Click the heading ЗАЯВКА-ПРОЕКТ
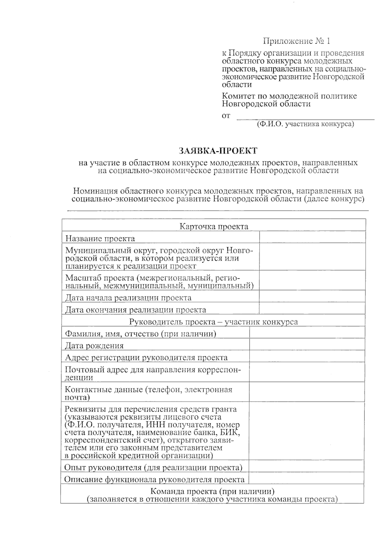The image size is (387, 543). tap(218, 151)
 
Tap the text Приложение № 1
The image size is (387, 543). tap(296, 41)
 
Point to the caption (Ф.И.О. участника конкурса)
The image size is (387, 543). tap(305, 124)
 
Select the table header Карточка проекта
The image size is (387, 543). tap(213, 226)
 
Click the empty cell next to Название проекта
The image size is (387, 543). tap(312, 237)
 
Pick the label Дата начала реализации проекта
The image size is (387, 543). tap(128, 297)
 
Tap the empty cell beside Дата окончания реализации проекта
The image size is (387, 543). tap(312, 309)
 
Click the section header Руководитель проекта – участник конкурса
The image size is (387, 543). tap(213, 322)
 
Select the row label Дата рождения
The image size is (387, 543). tap(94, 346)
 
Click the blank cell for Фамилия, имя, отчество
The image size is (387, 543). tap(307, 333)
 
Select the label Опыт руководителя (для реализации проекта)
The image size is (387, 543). tap(153, 467)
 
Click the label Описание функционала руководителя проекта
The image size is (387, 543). tap(154, 479)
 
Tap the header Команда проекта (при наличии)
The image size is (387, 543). tap(212, 492)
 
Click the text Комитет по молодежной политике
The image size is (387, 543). tap(289, 96)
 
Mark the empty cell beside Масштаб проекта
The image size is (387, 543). tap(312, 281)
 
